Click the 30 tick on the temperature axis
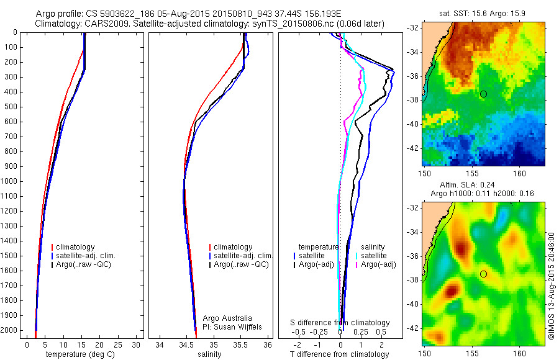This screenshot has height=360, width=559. click(x=136, y=344)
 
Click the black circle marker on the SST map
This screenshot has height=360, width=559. click(x=483, y=94)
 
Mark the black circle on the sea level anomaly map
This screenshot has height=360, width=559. click(x=483, y=274)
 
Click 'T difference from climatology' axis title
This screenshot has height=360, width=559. click(x=339, y=354)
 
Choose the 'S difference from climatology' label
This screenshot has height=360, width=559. click(x=340, y=323)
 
